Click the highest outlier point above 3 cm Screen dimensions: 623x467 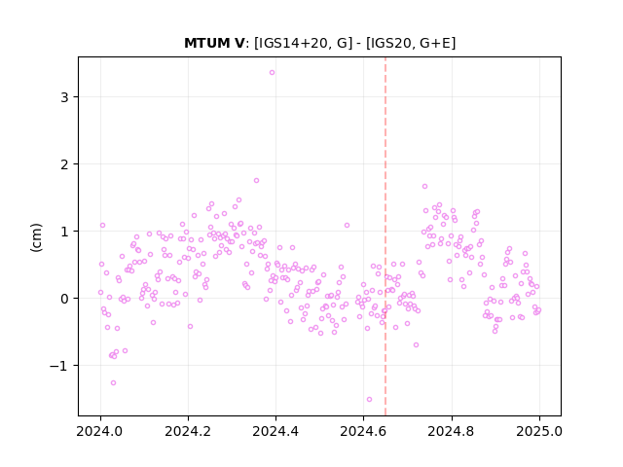coord(272,72)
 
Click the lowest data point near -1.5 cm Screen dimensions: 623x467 coord(369,399)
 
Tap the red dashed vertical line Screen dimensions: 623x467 coord(385,236)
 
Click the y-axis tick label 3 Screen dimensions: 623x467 coord(64,97)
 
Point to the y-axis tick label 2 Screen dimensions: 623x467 coord(64,164)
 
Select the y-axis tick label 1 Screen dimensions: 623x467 coord(64,232)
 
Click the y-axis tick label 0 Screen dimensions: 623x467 coord(64,299)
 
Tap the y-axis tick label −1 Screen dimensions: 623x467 coord(59,366)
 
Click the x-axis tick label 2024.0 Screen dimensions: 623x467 coord(100,431)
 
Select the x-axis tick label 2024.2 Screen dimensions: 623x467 coord(188,431)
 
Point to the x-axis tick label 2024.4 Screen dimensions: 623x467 coord(275,431)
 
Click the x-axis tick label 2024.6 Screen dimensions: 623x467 coord(363,431)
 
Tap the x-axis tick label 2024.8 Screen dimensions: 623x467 coord(451,431)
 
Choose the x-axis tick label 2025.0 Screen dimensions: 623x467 coord(539,431)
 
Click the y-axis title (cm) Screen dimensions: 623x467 coord(36,237)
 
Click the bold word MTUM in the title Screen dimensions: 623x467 coord(205,43)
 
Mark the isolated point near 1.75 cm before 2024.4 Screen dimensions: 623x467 coord(256,180)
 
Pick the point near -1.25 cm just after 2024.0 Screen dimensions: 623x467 coord(113,382)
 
